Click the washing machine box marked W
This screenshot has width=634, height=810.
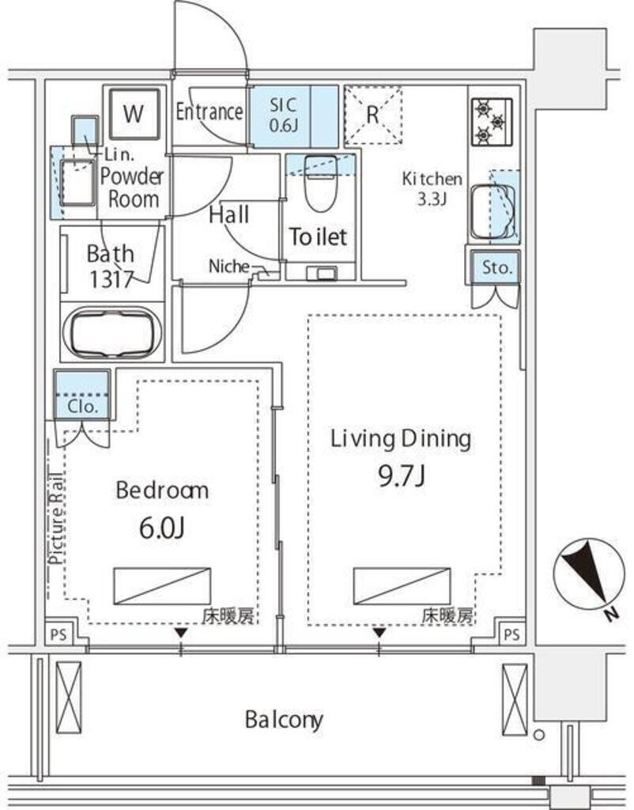coord(134,113)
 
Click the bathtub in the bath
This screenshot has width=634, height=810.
coord(112,333)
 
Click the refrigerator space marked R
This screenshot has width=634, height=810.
coord(373,115)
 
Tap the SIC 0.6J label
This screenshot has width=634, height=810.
coord(283,115)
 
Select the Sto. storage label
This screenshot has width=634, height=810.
coord(496,268)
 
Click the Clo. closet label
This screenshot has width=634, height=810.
coord(82,407)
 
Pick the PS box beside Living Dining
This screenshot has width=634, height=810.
coord(511,634)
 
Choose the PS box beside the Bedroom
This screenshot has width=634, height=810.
coord(58,634)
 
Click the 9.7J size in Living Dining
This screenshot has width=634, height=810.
coord(401,475)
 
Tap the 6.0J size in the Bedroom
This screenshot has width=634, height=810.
coord(161,528)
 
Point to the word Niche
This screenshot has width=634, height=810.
coord(228,266)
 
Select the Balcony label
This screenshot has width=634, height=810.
coord(284,720)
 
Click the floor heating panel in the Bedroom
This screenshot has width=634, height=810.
coord(162,586)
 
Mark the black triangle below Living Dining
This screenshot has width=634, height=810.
coord(380,633)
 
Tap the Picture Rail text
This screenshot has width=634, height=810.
coord(56,517)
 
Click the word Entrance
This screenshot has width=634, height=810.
coord(209,112)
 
